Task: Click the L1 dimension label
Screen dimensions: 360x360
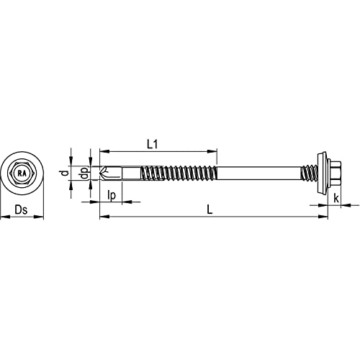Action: click(152, 144)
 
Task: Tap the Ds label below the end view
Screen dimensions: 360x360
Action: click(22, 211)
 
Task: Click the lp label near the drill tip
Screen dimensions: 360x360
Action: click(112, 196)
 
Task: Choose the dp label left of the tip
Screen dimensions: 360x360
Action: click(84, 174)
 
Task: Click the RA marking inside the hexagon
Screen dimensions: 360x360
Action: click(22, 174)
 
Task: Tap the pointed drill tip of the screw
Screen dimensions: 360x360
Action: click(102, 174)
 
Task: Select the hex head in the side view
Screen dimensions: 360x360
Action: click(335, 174)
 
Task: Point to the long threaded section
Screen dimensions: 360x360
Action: click(176, 174)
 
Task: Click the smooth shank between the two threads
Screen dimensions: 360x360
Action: click(259, 174)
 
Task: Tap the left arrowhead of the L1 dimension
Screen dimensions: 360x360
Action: click(102, 151)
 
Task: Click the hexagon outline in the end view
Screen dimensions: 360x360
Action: click(22, 165)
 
